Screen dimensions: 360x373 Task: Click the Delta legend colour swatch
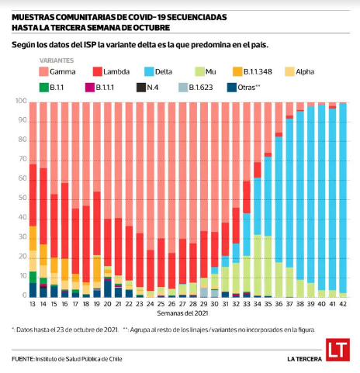[x=149, y=71]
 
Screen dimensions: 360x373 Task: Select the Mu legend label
[x=210, y=71]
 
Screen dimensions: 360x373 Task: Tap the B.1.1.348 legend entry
[x=252, y=71]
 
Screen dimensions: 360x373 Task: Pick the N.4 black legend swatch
[x=141, y=88]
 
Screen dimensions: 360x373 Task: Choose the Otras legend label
[x=249, y=88]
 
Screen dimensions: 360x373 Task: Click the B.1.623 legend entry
[x=196, y=88]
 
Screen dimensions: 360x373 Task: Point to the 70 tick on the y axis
[x=22, y=159]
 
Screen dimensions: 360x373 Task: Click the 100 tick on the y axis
[x=21, y=101]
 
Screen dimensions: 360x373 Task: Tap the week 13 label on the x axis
[x=33, y=304]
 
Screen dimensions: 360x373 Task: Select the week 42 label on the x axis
[x=343, y=304]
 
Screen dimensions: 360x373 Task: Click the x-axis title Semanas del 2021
[x=182, y=313]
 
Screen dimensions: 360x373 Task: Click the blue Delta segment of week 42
[x=343, y=198]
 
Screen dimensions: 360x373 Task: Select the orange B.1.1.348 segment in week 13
[x=33, y=238]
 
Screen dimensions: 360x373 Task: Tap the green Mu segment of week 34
[x=258, y=265]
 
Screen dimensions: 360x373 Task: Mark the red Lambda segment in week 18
[x=86, y=244]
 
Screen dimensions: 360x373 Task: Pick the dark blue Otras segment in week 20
[x=108, y=288]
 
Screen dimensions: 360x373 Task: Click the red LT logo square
[x=337, y=350]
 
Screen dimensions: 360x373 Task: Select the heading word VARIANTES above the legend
[x=57, y=60]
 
